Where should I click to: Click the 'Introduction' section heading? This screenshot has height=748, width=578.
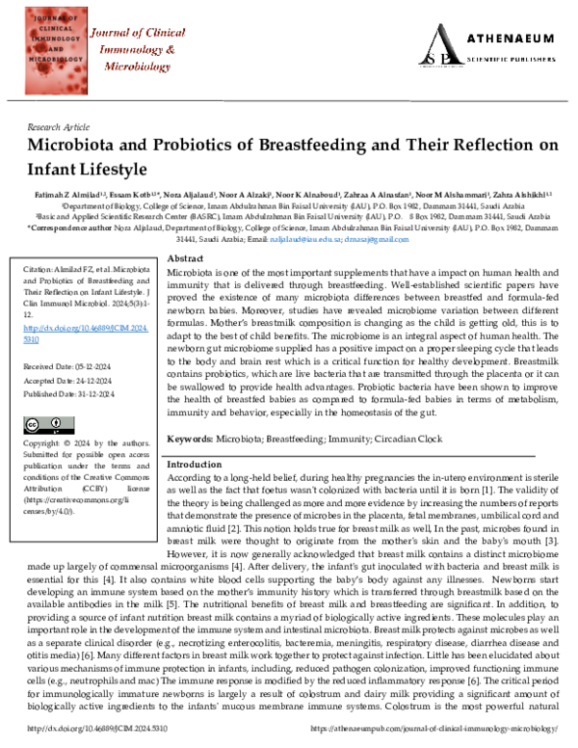coord(195,464)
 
